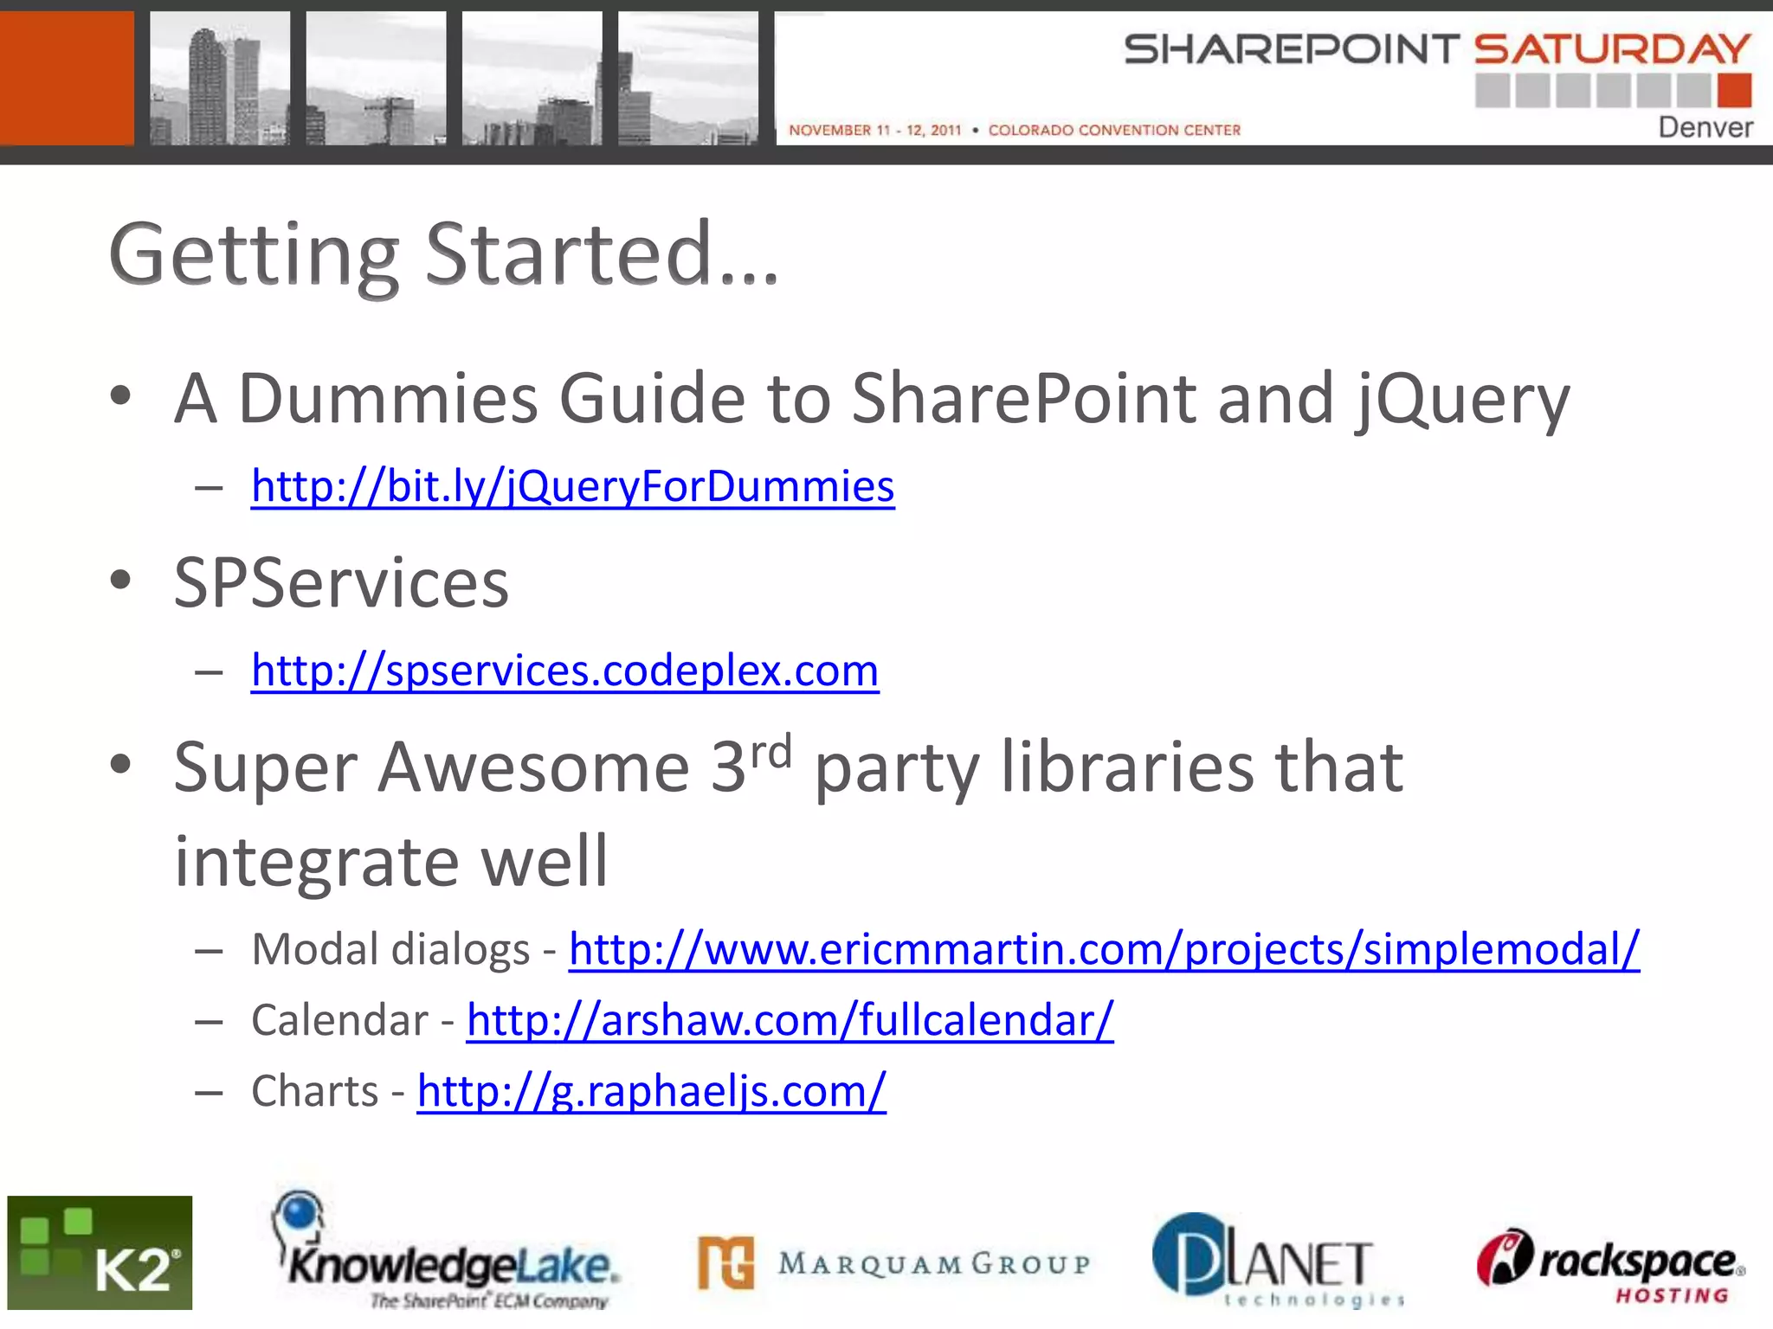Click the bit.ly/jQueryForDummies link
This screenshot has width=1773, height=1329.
pos(572,486)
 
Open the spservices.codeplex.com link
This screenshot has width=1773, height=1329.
pos(564,671)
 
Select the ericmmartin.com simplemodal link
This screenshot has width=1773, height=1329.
pos(1104,950)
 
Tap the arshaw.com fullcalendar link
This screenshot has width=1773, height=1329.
pos(790,1021)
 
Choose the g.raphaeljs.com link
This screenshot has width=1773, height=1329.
pos(651,1092)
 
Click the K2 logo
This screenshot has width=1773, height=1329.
pos(100,1253)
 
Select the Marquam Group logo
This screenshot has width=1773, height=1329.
pos(894,1264)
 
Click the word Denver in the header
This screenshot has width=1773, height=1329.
pos(1705,128)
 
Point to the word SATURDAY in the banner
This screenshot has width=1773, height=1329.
pos(1612,49)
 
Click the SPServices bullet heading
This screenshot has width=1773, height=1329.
pos(341,583)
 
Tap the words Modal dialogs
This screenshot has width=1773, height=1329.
pos(390,950)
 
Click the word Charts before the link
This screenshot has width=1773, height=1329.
pos(314,1092)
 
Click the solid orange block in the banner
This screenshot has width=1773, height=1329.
pos(67,78)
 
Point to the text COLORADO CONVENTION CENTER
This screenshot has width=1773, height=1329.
pos(1114,131)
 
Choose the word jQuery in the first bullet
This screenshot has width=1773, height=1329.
pos(1462,400)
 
